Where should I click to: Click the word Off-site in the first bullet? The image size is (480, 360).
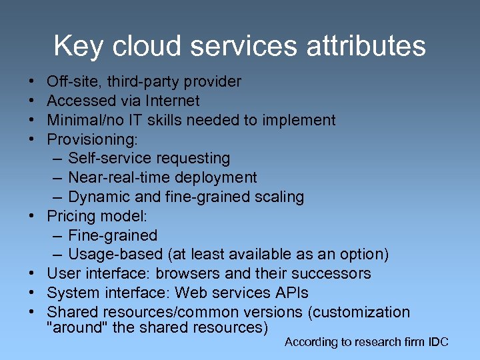69,82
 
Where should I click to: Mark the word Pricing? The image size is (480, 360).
69,217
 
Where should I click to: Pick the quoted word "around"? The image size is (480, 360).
72,328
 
